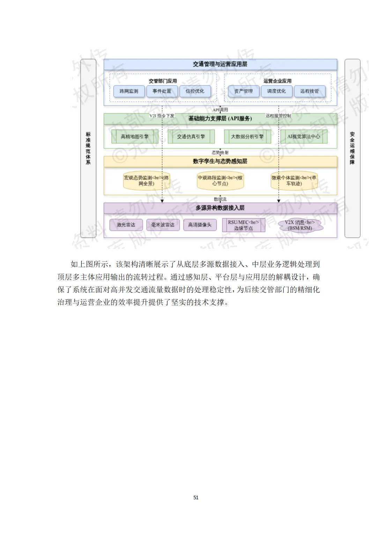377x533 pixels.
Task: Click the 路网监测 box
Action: pyautogui.click(x=129, y=91)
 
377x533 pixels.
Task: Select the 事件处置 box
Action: pyautogui.click(x=162, y=91)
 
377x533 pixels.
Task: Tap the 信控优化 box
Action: pyautogui.click(x=195, y=91)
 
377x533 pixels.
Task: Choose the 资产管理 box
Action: pyautogui.click(x=243, y=91)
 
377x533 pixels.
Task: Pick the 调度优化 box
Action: pyautogui.click(x=276, y=91)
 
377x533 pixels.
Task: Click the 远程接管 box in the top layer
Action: pyautogui.click(x=309, y=91)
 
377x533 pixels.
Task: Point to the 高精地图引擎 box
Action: pyautogui.click(x=135, y=137)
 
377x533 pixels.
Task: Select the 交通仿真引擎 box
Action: pyautogui.click(x=191, y=137)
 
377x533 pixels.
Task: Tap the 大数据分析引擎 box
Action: pyautogui.click(x=247, y=137)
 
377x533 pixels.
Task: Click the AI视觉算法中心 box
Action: pyautogui.click(x=304, y=137)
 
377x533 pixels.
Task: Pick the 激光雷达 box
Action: pyautogui.click(x=126, y=225)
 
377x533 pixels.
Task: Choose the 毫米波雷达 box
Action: pyautogui.click(x=163, y=225)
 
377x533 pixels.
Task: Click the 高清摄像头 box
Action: pyautogui.click(x=200, y=225)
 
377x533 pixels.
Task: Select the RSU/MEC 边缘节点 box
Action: pyautogui.click(x=243, y=225)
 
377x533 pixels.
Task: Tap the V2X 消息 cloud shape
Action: pyautogui.click(x=300, y=225)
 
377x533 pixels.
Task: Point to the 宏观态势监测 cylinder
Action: pyautogui.click(x=146, y=181)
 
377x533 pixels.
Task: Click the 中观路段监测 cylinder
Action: pyautogui.click(x=220, y=181)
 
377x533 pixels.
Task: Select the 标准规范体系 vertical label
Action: pyautogui.click(x=88, y=148)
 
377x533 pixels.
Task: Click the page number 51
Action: pyautogui.click(x=196, y=497)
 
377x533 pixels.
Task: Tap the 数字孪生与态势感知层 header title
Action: pyautogui.click(x=220, y=161)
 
